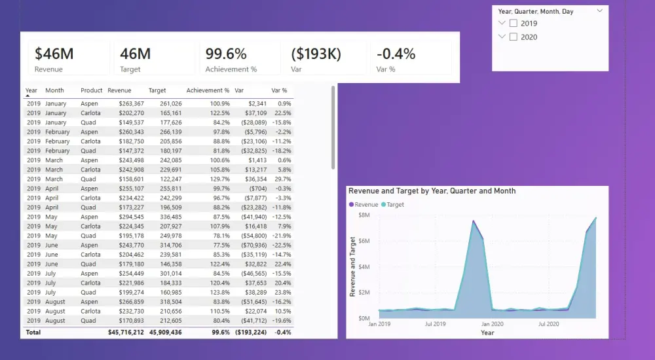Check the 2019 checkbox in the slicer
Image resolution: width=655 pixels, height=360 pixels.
click(514, 24)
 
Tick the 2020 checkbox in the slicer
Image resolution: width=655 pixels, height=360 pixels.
click(514, 37)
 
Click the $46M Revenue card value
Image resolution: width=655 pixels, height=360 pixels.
click(54, 54)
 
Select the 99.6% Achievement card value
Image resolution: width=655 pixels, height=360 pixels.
click(226, 54)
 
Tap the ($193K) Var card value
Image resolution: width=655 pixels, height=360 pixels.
click(316, 54)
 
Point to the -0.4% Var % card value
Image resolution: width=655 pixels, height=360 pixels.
click(395, 54)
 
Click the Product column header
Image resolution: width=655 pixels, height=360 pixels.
click(92, 90)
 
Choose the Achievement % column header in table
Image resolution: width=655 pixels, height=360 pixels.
click(208, 90)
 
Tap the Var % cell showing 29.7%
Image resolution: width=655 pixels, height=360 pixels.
click(282, 179)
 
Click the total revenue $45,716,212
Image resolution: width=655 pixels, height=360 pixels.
click(126, 333)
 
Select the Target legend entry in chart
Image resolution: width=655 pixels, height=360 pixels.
click(394, 205)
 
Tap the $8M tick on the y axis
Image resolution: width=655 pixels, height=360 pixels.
click(364, 215)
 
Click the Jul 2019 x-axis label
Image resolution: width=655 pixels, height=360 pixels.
click(435, 323)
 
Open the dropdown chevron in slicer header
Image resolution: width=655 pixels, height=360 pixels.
click(599, 11)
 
